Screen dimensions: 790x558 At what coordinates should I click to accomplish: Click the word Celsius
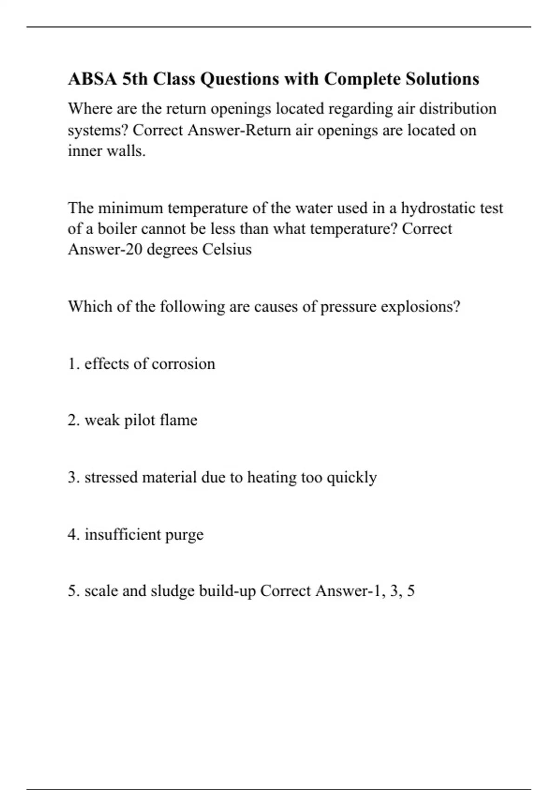click(227, 250)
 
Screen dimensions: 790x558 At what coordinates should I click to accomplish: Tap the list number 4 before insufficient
click(72, 534)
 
